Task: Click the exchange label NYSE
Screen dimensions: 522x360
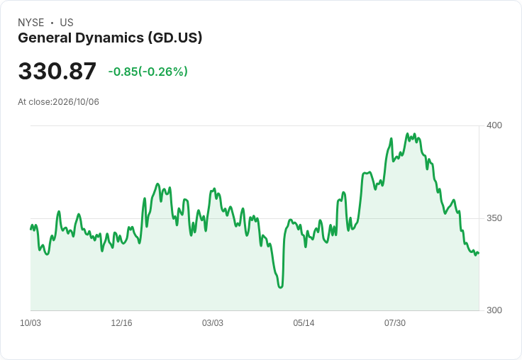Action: pyautogui.click(x=31, y=23)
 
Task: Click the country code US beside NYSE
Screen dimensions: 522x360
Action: pyautogui.click(x=67, y=23)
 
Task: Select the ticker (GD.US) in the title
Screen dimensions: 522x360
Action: pyautogui.click(x=175, y=38)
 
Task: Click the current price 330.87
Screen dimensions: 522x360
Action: pyautogui.click(x=57, y=71)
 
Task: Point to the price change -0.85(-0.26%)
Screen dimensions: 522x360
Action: pyautogui.click(x=148, y=72)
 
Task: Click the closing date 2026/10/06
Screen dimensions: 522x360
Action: pyautogui.click(x=76, y=102)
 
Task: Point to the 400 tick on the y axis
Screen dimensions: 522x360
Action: pyautogui.click(x=494, y=125)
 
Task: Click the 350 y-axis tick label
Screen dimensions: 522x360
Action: pyautogui.click(x=494, y=218)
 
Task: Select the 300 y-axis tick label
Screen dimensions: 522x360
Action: pyautogui.click(x=494, y=310)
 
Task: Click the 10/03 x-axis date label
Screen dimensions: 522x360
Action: pyautogui.click(x=30, y=323)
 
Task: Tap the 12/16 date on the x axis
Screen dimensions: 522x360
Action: pyautogui.click(x=121, y=323)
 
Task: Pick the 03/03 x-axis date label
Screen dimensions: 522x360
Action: pyautogui.click(x=213, y=323)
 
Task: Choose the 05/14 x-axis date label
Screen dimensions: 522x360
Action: pyautogui.click(x=304, y=323)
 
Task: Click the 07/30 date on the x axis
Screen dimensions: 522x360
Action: pyautogui.click(x=395, y=323)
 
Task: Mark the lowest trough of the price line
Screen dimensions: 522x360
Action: pyautogui.click(x=280, y=288)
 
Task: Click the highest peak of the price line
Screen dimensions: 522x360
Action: pyautogui.click(x=408, y=134)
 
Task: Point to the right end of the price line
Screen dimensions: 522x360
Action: pyautogui.click(x=479, y=253)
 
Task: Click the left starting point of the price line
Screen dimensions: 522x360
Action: pyautogui.click(x=30, y=229)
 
